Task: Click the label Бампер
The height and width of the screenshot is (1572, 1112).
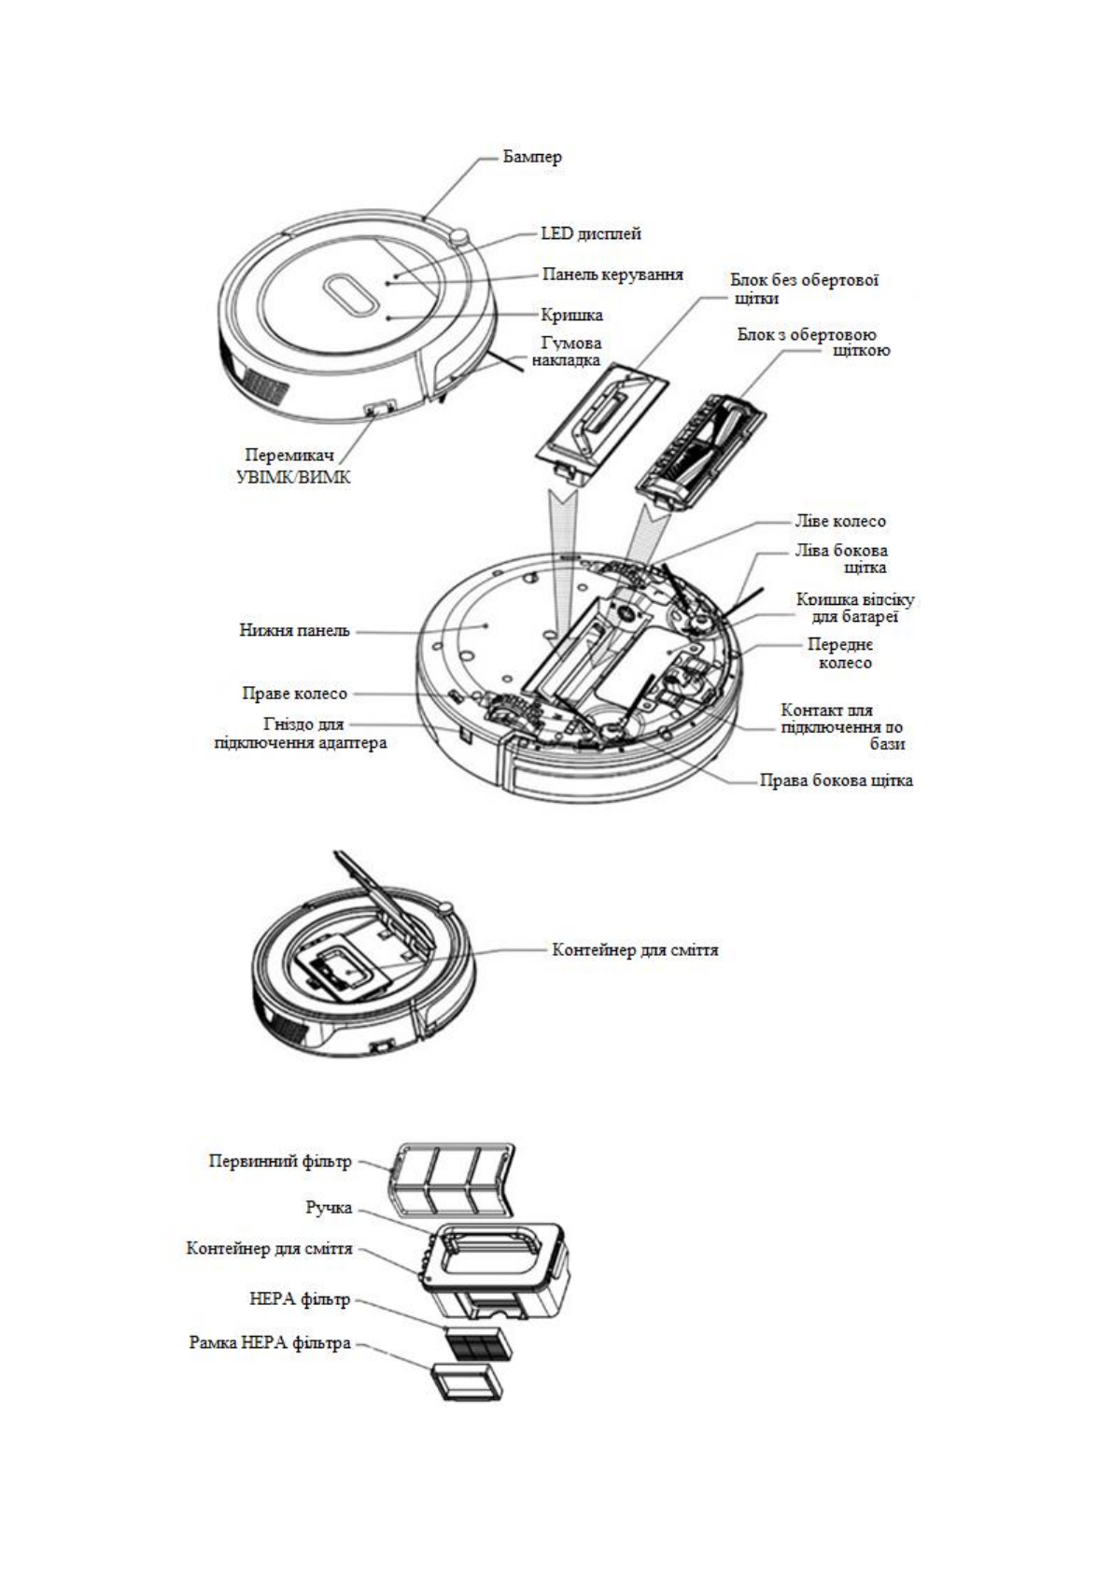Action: pyautogui.click(x=532, y=157)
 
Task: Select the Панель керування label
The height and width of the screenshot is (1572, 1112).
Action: pyautogui.click(x=612, y=274)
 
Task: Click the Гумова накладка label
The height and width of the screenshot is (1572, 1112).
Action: pyautogui.click(x=566, y=351)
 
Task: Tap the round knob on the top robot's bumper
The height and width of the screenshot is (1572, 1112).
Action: pyautogui.click(x=458, y=236)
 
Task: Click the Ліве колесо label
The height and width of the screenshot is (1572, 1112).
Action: pyautogui.click(x=839, y=521)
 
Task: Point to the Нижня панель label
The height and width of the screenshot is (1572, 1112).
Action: pyautogui.click(x=295, y=630)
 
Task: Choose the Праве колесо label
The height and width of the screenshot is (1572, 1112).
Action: pyautogui.click(x=294, y=694)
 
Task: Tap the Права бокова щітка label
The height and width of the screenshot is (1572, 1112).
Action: pyautogui.click(x=835, y=779)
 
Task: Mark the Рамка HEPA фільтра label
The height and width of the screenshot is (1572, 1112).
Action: pyautogui.click(x=269, y=1342)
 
